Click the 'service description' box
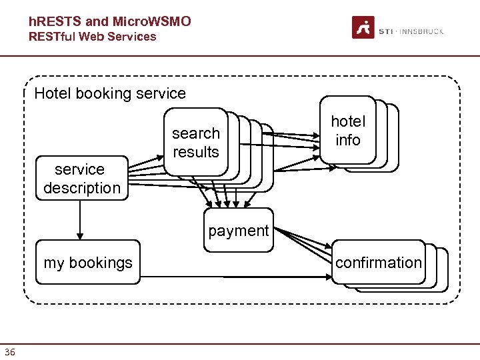tap(80, 179)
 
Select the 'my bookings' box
tap(88, 263)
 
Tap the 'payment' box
tap(238, 231)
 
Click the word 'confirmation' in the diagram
tap(378, 263)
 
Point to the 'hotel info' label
tap(348, 131)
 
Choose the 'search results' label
tap(195, 143)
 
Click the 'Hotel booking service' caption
tap(110, 93)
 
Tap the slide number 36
tap(9, 352)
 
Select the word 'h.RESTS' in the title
tap(55, 22)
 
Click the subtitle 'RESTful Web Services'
tap(92, 37)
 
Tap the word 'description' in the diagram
tap(82, 188)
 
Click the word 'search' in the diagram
tap(195, 133)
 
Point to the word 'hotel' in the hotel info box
tap(348, 121)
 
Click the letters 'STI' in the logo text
tap(385, 31)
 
